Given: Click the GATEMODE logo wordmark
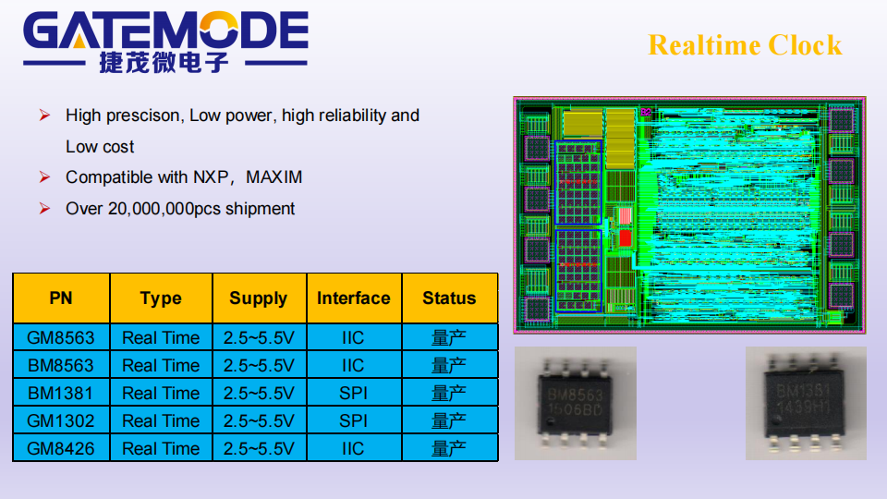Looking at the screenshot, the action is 165,31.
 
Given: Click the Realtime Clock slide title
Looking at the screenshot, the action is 745,45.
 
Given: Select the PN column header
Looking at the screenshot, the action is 61,298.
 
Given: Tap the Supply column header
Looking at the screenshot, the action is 259,298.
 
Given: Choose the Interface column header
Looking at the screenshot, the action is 354,298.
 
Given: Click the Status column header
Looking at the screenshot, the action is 449,298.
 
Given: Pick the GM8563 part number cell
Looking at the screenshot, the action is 61,338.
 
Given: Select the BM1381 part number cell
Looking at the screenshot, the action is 61,394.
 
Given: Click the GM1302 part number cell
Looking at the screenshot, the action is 61,421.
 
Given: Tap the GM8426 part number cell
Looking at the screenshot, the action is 61,449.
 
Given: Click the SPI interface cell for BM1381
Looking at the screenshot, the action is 354,394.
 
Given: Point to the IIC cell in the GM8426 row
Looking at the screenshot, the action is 354,449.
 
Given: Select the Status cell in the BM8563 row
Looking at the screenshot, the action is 449,366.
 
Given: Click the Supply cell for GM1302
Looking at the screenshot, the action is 259,421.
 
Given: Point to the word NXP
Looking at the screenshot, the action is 211,177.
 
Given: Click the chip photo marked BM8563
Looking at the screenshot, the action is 576,404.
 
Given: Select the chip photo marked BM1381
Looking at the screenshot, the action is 806,404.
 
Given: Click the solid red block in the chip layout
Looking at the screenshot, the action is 626,237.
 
